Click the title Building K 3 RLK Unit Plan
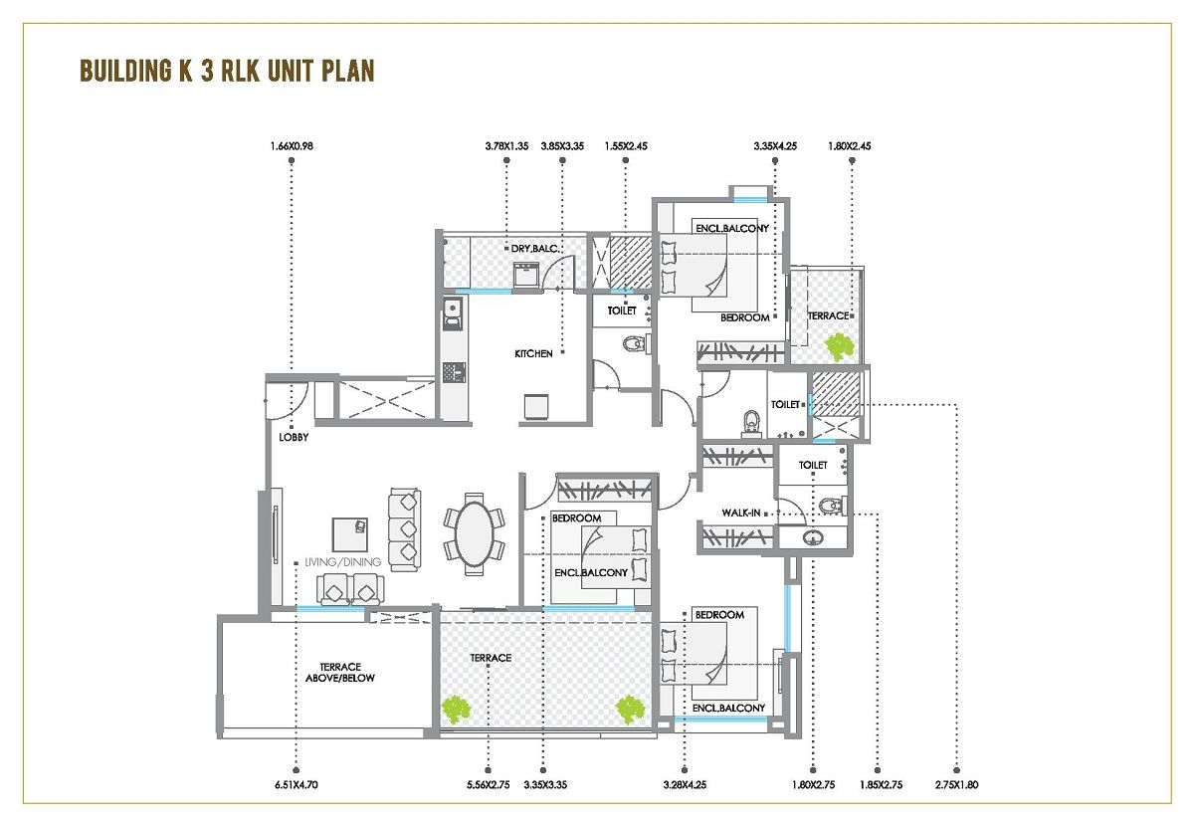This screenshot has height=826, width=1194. click(226, 72)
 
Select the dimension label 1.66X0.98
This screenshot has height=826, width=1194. click(291, 147)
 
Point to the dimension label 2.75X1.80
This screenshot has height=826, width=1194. click(956, 784)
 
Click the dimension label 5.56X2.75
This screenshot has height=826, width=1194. click(488, 784)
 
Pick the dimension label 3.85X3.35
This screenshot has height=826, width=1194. click(562, 147)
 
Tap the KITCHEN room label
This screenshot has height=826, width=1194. click(533, 353)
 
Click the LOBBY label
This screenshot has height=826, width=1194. click(293, 436)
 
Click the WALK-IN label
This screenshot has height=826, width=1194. click(741, 513)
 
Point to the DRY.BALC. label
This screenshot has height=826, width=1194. click(534, 248)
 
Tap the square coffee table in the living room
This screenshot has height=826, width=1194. click(349, 534)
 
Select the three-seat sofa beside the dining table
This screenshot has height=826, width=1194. click(404, 528)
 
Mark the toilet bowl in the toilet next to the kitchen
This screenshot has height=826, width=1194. click(632, 345)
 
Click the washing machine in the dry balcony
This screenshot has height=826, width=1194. click(525, 276)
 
